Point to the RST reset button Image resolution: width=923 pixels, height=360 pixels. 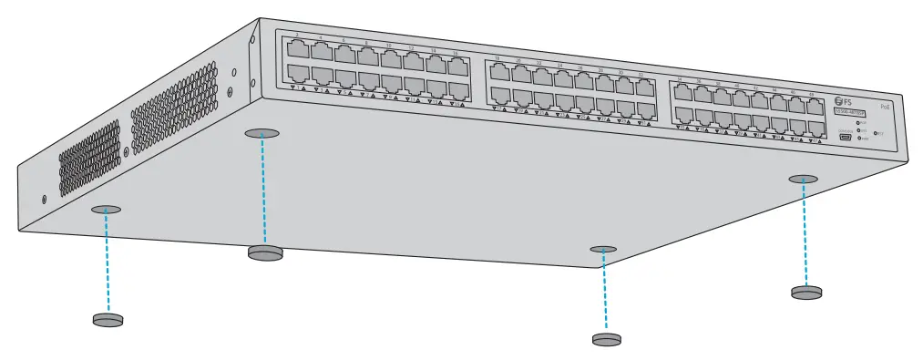click(x=877, y=133)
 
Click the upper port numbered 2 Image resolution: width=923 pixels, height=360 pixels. click(x=296, y=49)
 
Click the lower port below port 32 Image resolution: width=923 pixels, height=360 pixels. click(x=645, y=110)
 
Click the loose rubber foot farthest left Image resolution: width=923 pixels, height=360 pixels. click(x=108, y=319)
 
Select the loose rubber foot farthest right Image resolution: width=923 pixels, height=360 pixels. click(x=805, y=292)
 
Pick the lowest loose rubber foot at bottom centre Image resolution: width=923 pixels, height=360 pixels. click(x=606, y=339)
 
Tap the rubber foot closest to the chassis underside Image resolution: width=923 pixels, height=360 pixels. click(x=265, y=252)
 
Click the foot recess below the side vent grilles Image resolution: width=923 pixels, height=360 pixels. click(x=107, y=210)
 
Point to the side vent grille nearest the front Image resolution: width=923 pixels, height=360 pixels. click(x=174, y=110)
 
